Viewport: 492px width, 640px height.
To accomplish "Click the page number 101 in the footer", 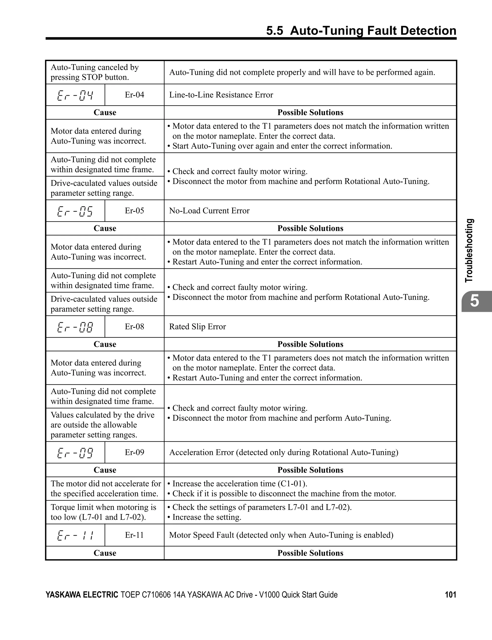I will (x=450, y=595).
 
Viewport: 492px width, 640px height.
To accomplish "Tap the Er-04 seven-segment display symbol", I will (x=75, y=95).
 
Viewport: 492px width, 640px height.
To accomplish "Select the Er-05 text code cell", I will (x=135, y=211).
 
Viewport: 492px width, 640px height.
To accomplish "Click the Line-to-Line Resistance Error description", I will (x=221, y=95).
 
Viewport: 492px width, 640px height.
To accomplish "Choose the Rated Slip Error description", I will (x=197, y=326).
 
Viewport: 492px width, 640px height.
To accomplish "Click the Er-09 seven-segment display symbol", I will (x=75, y=453).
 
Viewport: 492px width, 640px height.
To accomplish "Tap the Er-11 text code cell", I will (x=135, y=535).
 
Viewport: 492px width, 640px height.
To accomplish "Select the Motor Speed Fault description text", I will (x=281, y=535).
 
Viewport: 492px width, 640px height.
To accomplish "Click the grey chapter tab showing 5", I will (x=475, y=301).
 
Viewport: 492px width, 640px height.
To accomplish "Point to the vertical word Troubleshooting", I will (x=469, y=251).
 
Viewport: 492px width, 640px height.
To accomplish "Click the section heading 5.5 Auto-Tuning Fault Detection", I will (x=361, y=31).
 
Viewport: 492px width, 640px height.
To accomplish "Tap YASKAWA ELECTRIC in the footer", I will (x=82, y=595).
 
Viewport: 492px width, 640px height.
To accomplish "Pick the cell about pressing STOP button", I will (x=95, y=72).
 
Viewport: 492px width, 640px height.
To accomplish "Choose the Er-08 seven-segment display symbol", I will (x=75, y=327).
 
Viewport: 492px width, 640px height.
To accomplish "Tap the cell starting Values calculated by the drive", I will (x=103, y=425).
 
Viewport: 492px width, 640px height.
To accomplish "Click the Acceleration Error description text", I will (x=283, y=452).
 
